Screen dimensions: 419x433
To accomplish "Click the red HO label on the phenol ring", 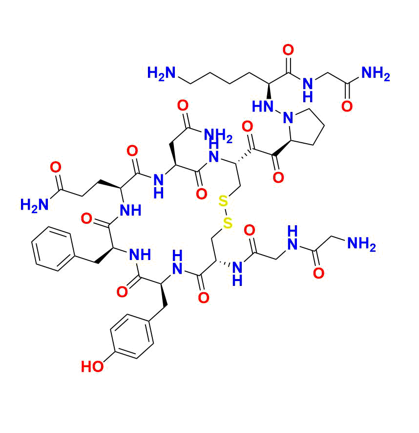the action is [x=92, y=367].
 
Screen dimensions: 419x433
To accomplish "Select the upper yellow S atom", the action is [x=223, y=201].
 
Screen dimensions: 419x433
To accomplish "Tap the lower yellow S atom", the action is [x=228, y=223].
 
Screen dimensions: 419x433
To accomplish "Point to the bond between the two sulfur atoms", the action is [x=225, y=212].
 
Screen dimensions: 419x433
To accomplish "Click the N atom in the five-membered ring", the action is [x=288, y=118].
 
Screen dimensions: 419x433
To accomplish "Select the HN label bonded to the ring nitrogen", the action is [x=263, y=107].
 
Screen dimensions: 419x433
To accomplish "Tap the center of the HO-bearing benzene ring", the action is [x=132, y=336].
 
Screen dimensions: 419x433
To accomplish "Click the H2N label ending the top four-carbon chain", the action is [x=162, y=73].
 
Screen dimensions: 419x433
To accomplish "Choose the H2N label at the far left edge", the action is [x=35, y=205].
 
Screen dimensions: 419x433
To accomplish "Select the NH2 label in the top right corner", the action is [x=376, y=74].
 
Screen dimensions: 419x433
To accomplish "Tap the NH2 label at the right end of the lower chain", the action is [x=361, y=244].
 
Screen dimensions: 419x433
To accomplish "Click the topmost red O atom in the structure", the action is [x=288, y=50].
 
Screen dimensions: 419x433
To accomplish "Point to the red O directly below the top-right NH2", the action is [x=347, y=106].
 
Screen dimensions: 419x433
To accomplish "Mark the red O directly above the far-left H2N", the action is [x=56, y=167].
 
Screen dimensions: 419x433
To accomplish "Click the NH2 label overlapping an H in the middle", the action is [x=218, y=135].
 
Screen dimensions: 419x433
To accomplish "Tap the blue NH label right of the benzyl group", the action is [x=140, y=255].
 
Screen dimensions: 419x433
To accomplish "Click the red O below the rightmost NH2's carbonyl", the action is [x=318, y=273].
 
